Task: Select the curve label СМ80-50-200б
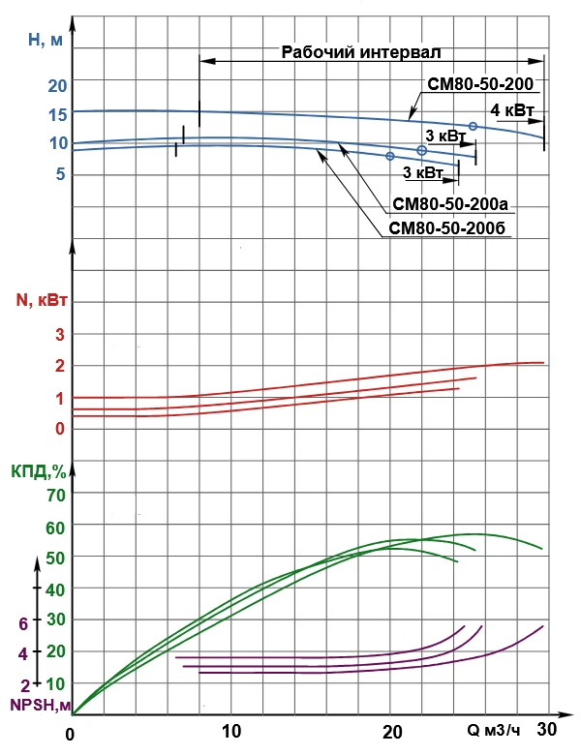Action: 448,229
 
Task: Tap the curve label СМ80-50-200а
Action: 449,205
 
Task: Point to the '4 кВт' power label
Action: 512,110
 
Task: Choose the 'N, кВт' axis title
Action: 42,299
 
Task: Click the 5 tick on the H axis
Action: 59,175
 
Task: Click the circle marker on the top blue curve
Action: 473,127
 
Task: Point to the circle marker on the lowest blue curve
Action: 390,156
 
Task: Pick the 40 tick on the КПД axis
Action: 55,589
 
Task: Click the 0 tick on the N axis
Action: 59,428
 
